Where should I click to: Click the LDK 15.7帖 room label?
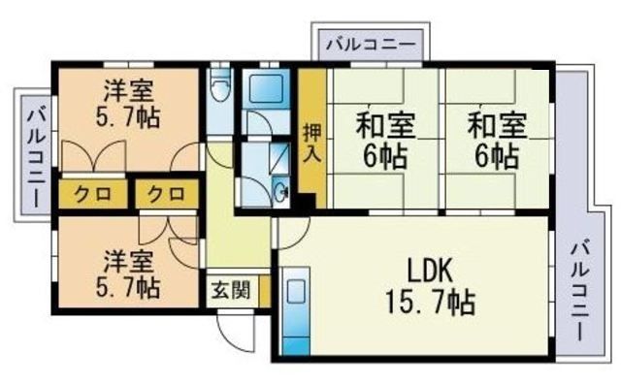tap(430, 287)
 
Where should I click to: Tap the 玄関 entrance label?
tap(231, 291)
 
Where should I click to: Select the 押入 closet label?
tap(312, 144)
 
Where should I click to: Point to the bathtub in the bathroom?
tap(266, 88)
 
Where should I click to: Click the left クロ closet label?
tap(93, 194)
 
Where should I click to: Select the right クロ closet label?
tap(166, 194)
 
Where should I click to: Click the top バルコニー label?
tap(371, 44)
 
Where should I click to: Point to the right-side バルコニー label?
tap(578, 291)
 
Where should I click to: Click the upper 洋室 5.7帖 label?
tap(128, 104)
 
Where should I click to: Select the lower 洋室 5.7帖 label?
tap(128, 273)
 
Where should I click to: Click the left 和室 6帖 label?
tap(386, 141)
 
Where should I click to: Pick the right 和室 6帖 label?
tap(498, 141)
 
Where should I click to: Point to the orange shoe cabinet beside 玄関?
tap(264, 291)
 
